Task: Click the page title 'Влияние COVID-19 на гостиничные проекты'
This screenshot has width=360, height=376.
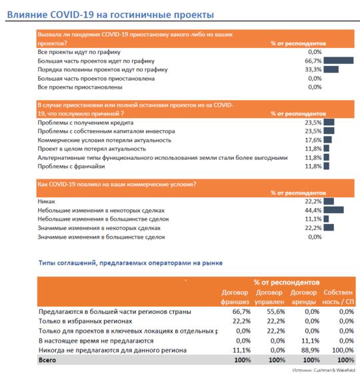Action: tap(110, 15)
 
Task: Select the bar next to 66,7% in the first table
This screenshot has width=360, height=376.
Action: tap(339, 61)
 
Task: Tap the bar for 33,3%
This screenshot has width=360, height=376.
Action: tap(331, 69)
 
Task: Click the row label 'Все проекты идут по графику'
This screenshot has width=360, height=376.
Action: tap(79, 52)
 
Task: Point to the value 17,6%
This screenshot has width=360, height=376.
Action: tap(313, 140)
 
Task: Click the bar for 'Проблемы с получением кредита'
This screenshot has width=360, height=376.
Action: tap(329, 122)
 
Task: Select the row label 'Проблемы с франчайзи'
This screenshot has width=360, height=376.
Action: tap(71, 166)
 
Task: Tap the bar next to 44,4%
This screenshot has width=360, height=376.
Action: tap(333, 210)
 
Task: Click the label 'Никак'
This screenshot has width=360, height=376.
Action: tap(46, 201)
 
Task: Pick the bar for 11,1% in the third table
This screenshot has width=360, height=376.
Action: tap(326, 219)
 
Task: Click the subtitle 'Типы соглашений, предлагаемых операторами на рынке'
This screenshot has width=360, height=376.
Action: tap(131, 263)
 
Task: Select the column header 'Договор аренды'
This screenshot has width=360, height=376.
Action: tap(303, 297)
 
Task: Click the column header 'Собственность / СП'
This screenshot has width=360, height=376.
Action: tap(338, 297)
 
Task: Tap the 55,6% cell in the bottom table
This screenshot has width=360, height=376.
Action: tap(276, 311)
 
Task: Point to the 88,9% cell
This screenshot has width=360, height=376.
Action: tap(311, 350)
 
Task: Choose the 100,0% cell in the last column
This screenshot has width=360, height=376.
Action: tap(343, 350)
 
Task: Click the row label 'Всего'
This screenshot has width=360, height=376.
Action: tap(47, 360)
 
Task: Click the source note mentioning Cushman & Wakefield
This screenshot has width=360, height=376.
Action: tap(323, 371)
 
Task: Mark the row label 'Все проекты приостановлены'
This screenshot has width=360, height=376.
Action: tap(80, 87)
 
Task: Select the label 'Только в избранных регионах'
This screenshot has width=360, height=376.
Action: tap(85, 321)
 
